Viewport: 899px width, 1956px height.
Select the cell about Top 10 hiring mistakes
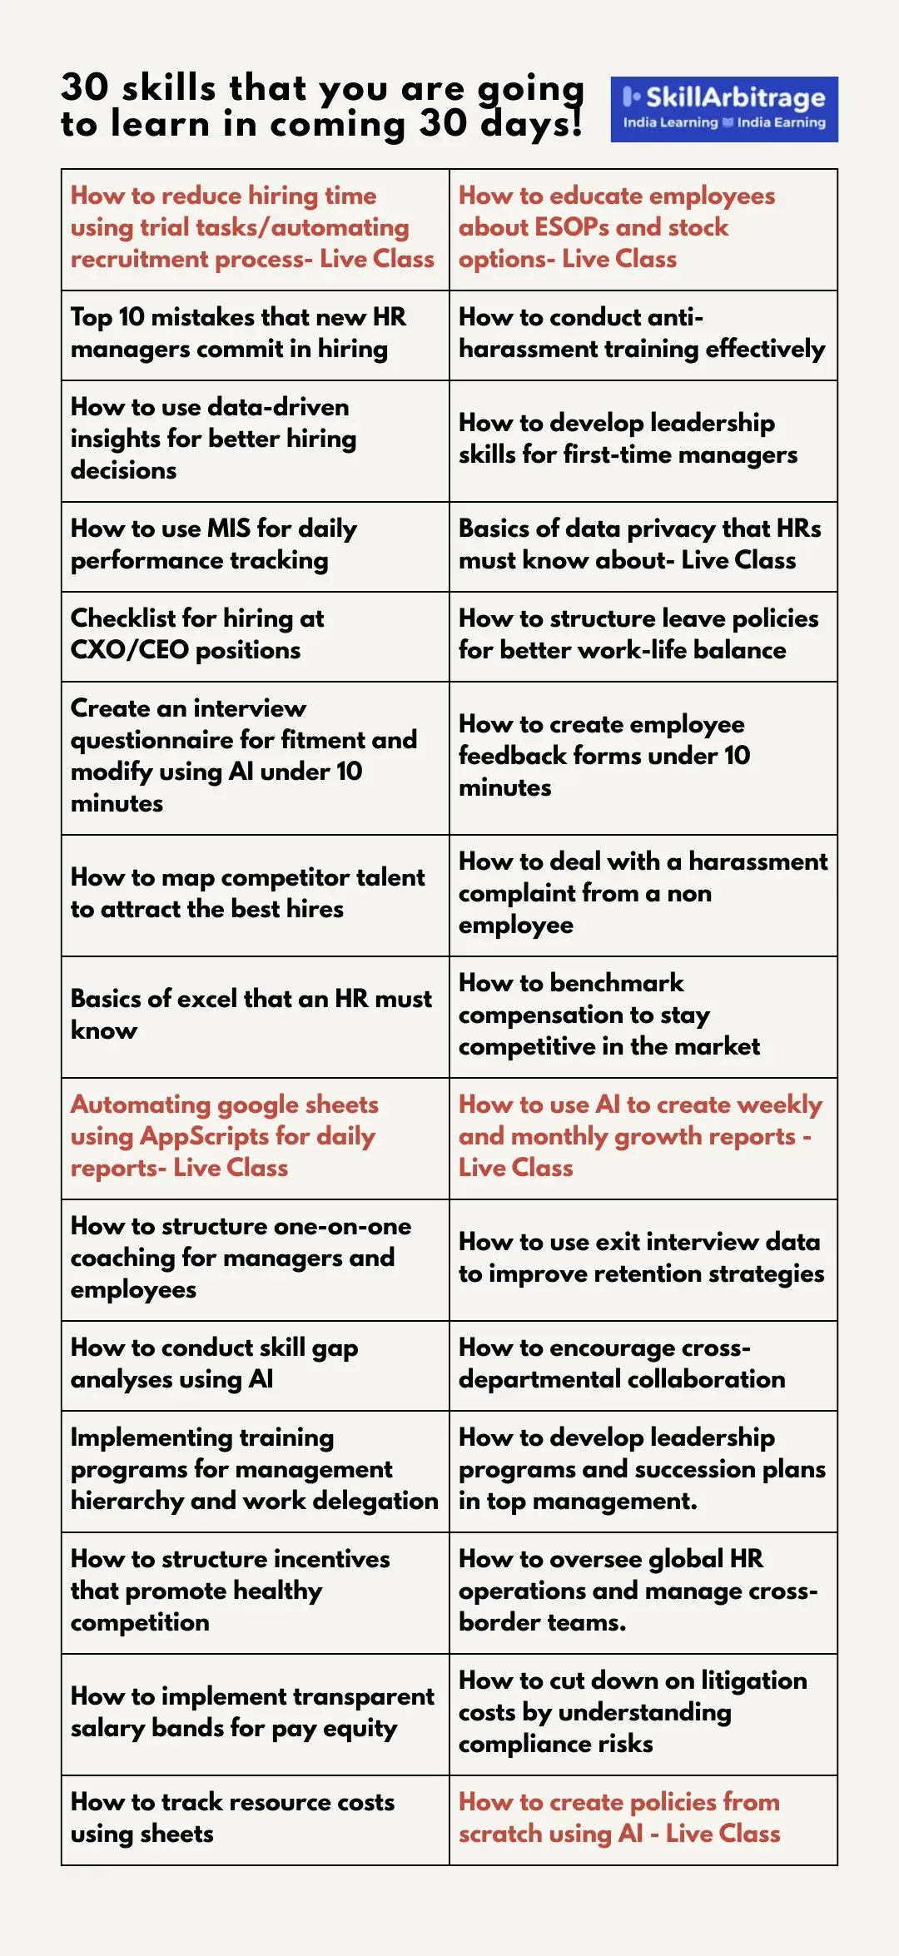pyautogui.click(x=255, y=335)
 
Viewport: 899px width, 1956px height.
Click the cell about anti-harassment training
pyautogui.click(x=643, y=335)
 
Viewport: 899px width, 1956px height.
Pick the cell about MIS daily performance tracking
pyautogui.click(x=255, y=546)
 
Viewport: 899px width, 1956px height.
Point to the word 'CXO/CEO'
pyautogui.click(x=130, y=650)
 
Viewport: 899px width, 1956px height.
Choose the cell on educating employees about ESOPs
pyautogui.click(x=643, y=229)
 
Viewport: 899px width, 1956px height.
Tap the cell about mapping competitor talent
pyautogui.click(x=255, y=894)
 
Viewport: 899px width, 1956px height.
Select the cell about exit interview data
pyautogui.click(x=643, y=1258)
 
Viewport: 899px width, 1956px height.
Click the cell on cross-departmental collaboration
pyautogui.click(x=643, y=1365)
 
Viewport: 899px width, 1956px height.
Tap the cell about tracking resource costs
pyautogui.click(x=255, y=1819)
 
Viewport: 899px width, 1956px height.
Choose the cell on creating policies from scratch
pyautogui.click(x=643, y=1819)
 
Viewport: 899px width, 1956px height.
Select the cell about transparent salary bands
pyautogui.click(x=255, y=1713)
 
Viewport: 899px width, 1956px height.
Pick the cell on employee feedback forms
pyautogui.click(x=643, y=757)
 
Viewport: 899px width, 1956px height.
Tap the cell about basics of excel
pyautogui.click(x=255, y=1015)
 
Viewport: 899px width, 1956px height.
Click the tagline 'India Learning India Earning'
pyautogui.click(x=723, y=122)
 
